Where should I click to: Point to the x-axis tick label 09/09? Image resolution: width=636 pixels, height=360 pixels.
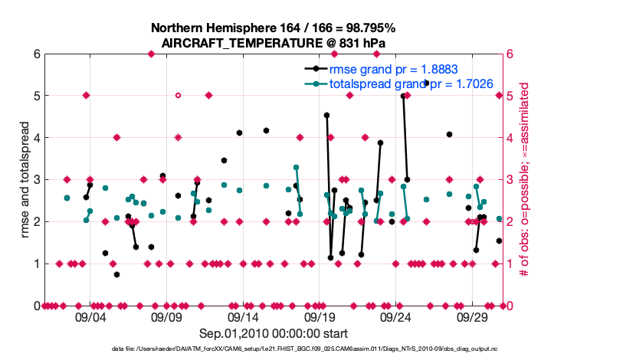[166, 316]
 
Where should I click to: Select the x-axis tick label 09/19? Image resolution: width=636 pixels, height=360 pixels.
[320, 316]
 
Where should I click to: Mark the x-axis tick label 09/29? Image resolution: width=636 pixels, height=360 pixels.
[473, 316]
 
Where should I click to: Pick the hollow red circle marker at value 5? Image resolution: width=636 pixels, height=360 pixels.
[178, 96]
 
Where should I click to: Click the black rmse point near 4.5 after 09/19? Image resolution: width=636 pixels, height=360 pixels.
[326, 115]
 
